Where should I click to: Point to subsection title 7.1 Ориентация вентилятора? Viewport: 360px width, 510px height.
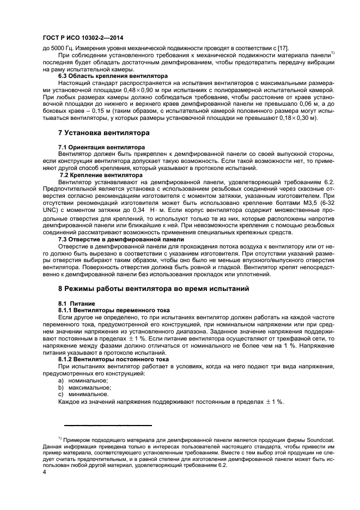(x=101, y=147)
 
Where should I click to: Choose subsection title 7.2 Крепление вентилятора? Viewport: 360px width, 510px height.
(x=96, y=175)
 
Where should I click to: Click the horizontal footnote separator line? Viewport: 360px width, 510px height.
(x=108, y=425)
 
